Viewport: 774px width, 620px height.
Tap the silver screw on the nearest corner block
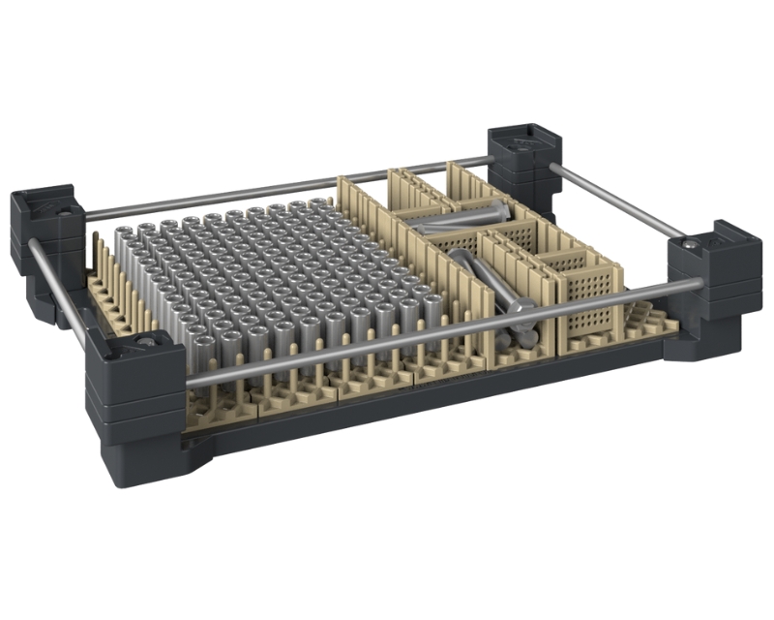coord(145,341)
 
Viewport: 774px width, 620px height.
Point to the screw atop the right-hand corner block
coord(689,248)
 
